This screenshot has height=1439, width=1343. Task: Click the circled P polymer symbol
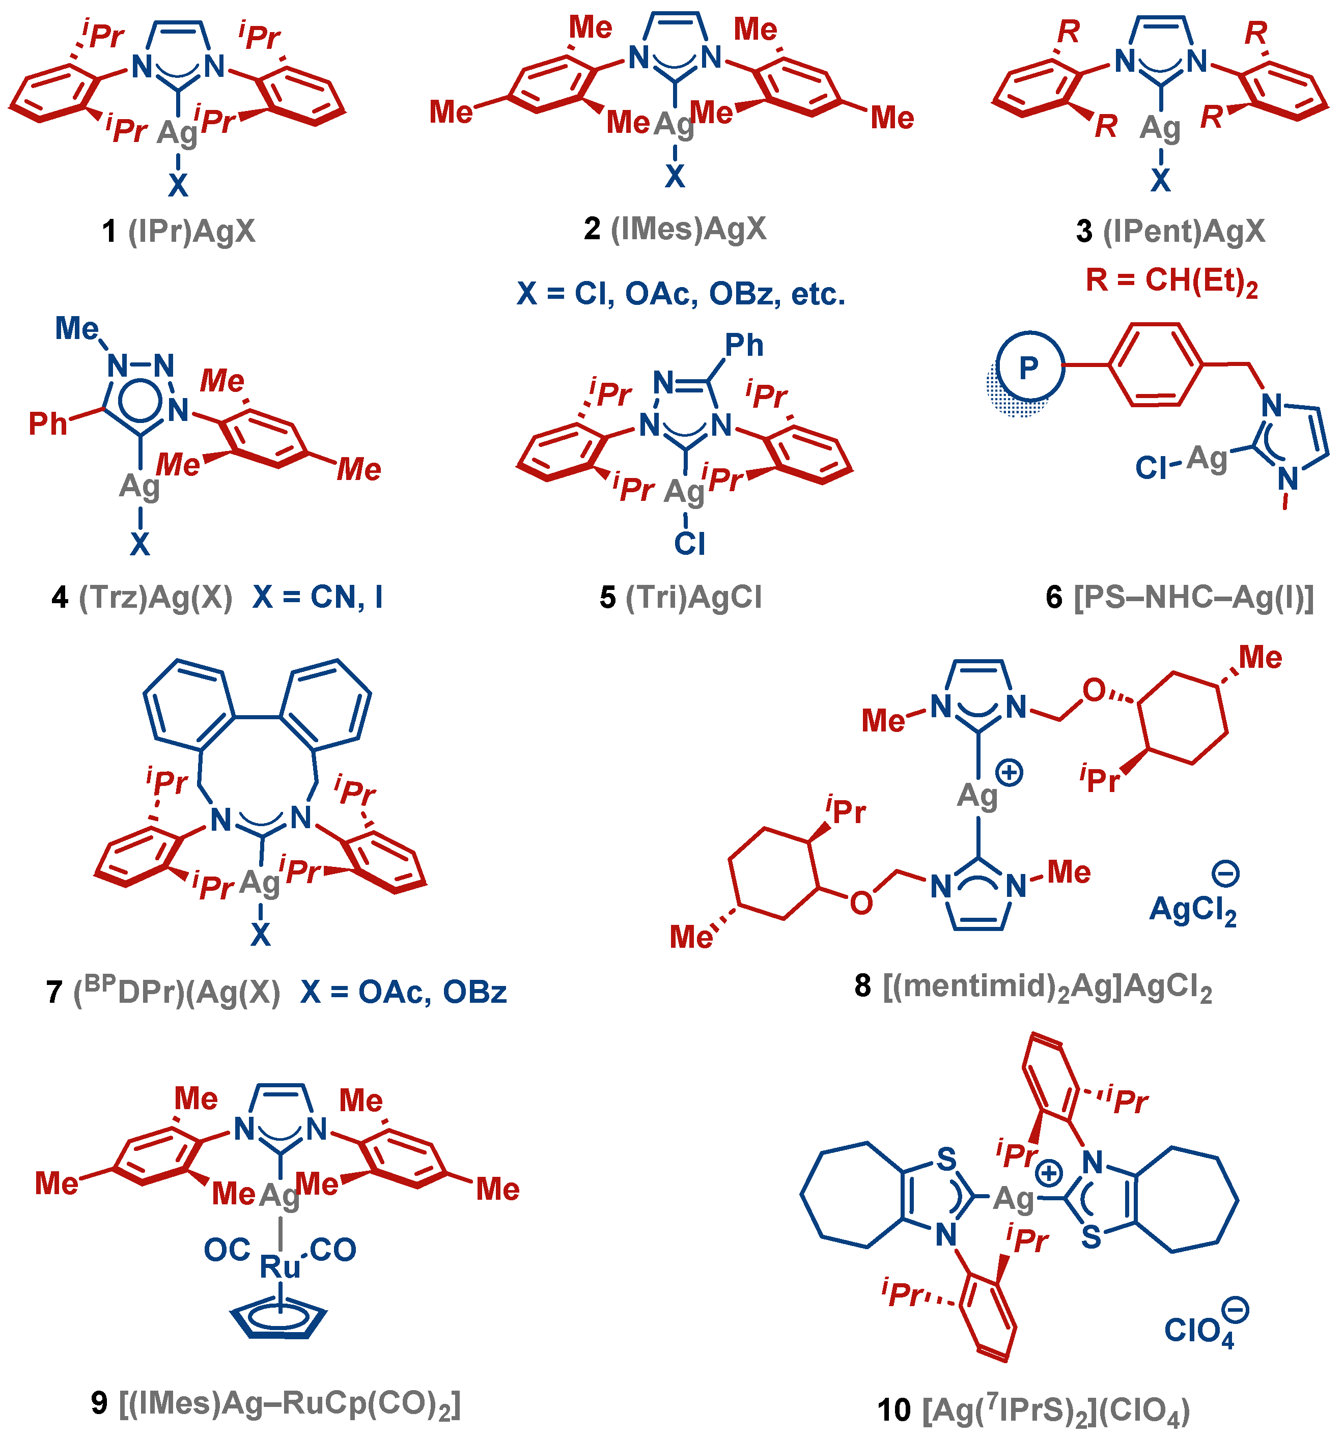point(1029,367)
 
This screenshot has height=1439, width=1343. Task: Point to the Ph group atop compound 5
point(743,345)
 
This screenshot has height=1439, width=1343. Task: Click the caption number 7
point(54,992)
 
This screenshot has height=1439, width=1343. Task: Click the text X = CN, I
point(317,597)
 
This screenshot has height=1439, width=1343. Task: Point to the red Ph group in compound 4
point(48,424)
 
